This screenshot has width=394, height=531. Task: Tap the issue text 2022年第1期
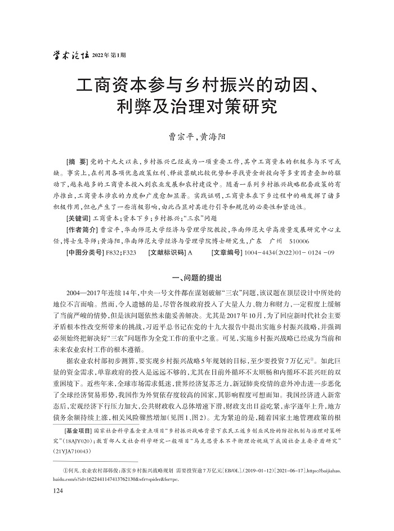tap(109, 55)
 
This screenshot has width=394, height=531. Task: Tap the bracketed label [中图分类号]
tap(84, 253)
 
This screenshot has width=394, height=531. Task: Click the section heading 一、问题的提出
tap(196, 278)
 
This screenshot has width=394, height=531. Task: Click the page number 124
tap(57, 491)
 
